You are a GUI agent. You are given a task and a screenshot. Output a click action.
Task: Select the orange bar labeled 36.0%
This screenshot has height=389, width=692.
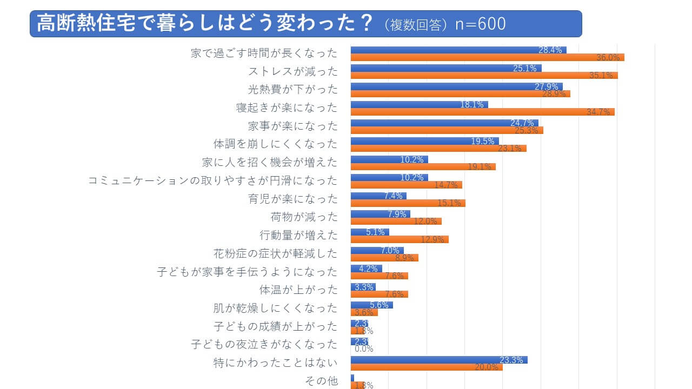487,57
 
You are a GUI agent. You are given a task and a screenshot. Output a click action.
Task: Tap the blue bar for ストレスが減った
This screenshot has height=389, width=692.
445,68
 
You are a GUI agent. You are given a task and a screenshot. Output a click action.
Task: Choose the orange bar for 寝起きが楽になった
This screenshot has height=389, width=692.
482,112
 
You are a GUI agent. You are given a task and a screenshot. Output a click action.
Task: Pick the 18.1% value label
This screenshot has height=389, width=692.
471,105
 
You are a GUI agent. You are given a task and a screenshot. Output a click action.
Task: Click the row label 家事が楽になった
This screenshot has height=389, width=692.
292,126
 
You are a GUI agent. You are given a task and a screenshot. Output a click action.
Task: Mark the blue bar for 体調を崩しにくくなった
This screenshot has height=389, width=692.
424,141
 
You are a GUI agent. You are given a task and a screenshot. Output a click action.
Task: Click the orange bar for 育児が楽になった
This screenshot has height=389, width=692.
408,203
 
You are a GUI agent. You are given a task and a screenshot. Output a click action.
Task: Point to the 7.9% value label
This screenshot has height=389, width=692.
397,214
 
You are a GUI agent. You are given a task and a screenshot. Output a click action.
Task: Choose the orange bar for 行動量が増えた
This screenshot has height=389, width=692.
400,239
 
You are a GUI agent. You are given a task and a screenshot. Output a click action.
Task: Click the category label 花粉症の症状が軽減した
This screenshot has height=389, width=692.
275,253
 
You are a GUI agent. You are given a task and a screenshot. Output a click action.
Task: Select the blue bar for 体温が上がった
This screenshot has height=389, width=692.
363,287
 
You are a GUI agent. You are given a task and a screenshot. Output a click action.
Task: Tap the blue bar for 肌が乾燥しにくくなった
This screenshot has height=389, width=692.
371,305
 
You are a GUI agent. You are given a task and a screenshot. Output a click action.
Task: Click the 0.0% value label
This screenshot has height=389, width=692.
363,349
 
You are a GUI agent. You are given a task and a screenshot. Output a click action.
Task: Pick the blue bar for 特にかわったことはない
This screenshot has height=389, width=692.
438,360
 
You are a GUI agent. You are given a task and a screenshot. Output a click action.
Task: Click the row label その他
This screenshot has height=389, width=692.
322,381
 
